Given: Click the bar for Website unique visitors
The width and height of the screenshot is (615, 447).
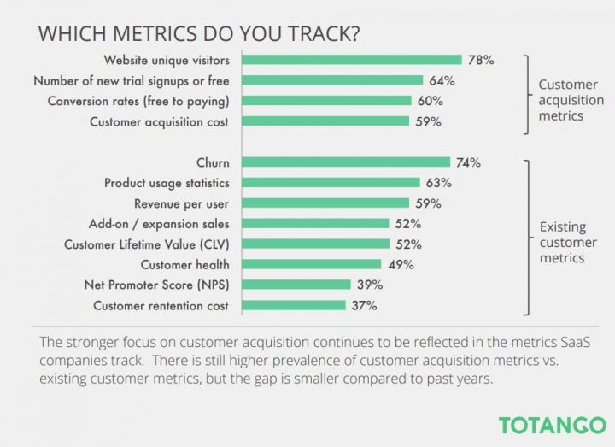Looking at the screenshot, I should (352, 60).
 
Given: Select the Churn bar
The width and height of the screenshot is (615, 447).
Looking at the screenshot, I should (345, 162).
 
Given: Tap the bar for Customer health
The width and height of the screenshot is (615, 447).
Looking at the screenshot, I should (311, 264).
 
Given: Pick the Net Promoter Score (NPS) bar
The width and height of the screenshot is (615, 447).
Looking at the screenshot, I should (296, 285).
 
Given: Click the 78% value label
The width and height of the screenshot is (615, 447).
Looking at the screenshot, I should (480, 60).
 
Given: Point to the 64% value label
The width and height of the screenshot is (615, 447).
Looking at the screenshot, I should (442, 80).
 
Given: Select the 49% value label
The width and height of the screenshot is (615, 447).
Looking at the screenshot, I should (399, 264).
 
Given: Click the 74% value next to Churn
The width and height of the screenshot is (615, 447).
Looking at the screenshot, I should (468, 162).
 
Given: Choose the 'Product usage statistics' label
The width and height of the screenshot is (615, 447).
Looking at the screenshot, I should (167, 183).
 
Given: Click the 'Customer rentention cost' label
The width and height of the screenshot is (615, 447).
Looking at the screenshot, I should (161, 305).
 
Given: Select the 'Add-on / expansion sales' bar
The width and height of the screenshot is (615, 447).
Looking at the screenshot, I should (314, 223).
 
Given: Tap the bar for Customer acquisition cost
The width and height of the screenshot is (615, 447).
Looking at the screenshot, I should (325, 121).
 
